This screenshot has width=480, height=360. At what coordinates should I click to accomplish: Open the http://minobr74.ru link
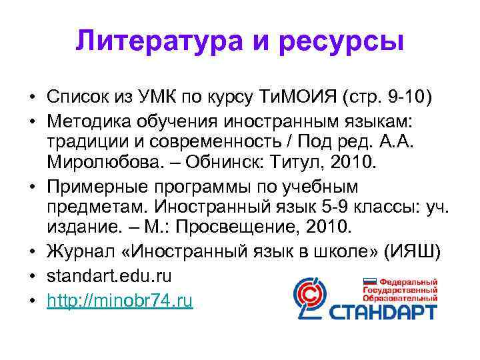click(120, 301)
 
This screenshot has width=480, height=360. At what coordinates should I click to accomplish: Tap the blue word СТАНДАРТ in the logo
click(387, 310)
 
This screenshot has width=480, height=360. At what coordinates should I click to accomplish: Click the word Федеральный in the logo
click(407, 282)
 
